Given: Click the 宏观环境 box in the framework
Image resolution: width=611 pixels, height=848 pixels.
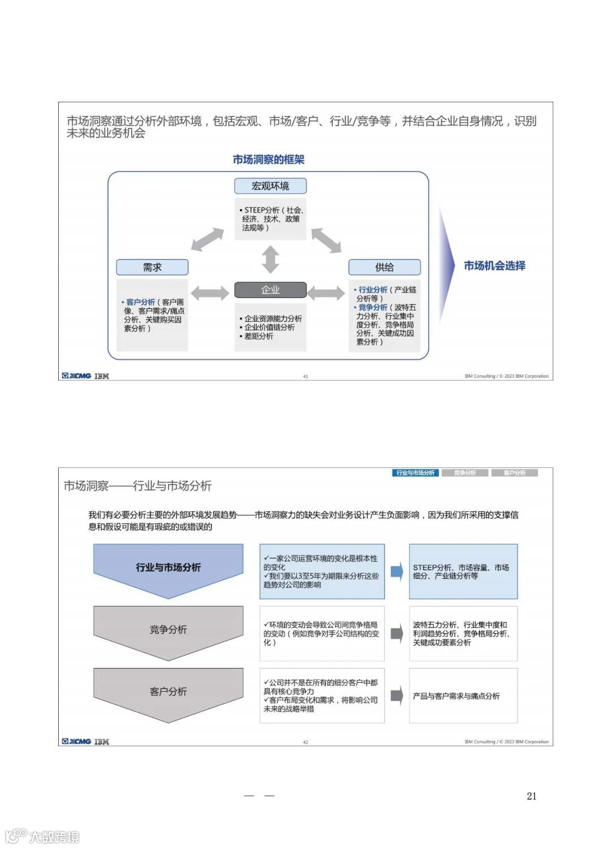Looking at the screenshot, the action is point(270,186).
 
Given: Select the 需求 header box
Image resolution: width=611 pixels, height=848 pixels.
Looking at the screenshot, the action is point(152,267).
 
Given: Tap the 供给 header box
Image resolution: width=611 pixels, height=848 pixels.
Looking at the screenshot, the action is point(384,267).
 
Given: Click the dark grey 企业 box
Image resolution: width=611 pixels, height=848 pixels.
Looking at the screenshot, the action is point(270,290).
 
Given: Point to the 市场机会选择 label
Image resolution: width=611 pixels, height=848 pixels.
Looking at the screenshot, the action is point(494,266).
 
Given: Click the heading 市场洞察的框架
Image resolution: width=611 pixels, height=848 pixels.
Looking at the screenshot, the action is point(269,160).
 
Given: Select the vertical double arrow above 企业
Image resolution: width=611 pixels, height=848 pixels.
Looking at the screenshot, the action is point(270,260).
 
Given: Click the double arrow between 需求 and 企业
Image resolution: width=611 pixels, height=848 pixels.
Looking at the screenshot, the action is point(210,292).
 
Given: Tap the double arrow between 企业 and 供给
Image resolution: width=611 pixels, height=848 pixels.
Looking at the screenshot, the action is point(326,292).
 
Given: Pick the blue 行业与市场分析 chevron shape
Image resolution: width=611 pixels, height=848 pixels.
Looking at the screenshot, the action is point(168,568).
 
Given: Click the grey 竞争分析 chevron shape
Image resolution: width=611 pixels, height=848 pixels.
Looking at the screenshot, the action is point(168,630).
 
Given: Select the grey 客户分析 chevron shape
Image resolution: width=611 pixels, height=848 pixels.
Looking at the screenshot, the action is point(168,692).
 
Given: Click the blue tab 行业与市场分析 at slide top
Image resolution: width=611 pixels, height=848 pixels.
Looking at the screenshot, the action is point(415,473).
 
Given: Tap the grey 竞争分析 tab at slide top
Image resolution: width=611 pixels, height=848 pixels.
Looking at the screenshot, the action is point(465,473).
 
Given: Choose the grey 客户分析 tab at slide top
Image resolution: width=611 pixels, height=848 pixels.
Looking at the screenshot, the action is point(514,473).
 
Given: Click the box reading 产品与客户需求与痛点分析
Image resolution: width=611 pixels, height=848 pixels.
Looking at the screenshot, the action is point(463,696).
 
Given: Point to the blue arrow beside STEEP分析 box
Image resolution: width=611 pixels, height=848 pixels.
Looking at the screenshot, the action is point(397,571).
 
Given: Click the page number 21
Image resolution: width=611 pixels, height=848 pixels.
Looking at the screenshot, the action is point(531,796).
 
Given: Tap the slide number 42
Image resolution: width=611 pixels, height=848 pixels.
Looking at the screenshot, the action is point(305,742).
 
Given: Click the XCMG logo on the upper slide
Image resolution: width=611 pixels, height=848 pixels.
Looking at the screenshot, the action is point(76,376).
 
